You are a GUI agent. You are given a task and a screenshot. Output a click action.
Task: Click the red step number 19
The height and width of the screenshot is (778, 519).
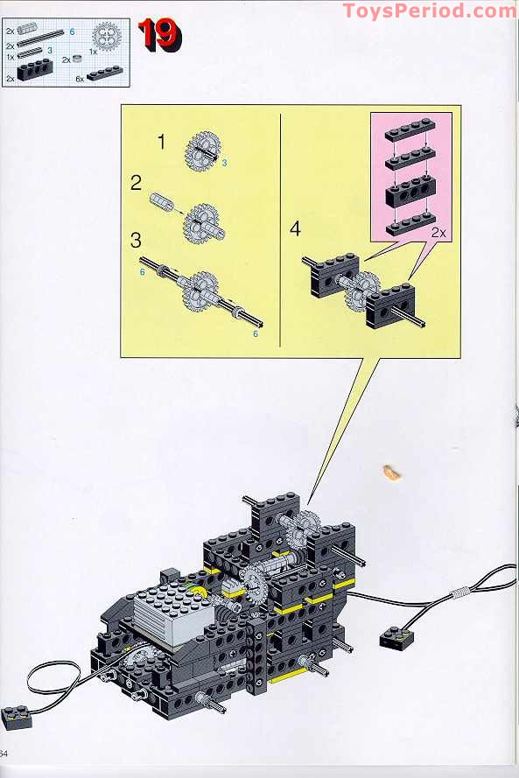click(x=159, y=36)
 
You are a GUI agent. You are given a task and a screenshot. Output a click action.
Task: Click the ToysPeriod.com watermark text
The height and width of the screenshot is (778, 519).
click(x=429, y=11)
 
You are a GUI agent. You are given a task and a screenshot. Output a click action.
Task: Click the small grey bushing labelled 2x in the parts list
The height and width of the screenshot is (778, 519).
click(x=78, y=60)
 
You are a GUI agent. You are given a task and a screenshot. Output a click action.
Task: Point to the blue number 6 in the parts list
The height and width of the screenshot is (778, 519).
click(x=72, y=31)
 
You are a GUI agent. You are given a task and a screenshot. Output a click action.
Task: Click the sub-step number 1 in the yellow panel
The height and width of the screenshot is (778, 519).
click(x=161, y=140)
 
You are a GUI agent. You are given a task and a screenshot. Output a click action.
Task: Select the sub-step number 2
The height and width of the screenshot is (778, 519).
click(x=136, y=183)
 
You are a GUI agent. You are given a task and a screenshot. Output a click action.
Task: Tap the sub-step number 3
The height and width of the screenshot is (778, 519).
click(x=136, y=239)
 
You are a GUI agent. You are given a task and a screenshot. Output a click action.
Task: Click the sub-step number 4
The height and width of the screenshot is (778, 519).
click(x=295, y=229)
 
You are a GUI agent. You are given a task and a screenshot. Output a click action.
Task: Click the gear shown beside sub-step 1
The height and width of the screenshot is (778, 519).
click(x=202, y=150)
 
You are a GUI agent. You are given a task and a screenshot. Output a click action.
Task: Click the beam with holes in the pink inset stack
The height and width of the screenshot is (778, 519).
click(x=410, y=192)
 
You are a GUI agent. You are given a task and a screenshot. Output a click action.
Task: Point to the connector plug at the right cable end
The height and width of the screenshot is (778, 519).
click(x=396, y=640)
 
